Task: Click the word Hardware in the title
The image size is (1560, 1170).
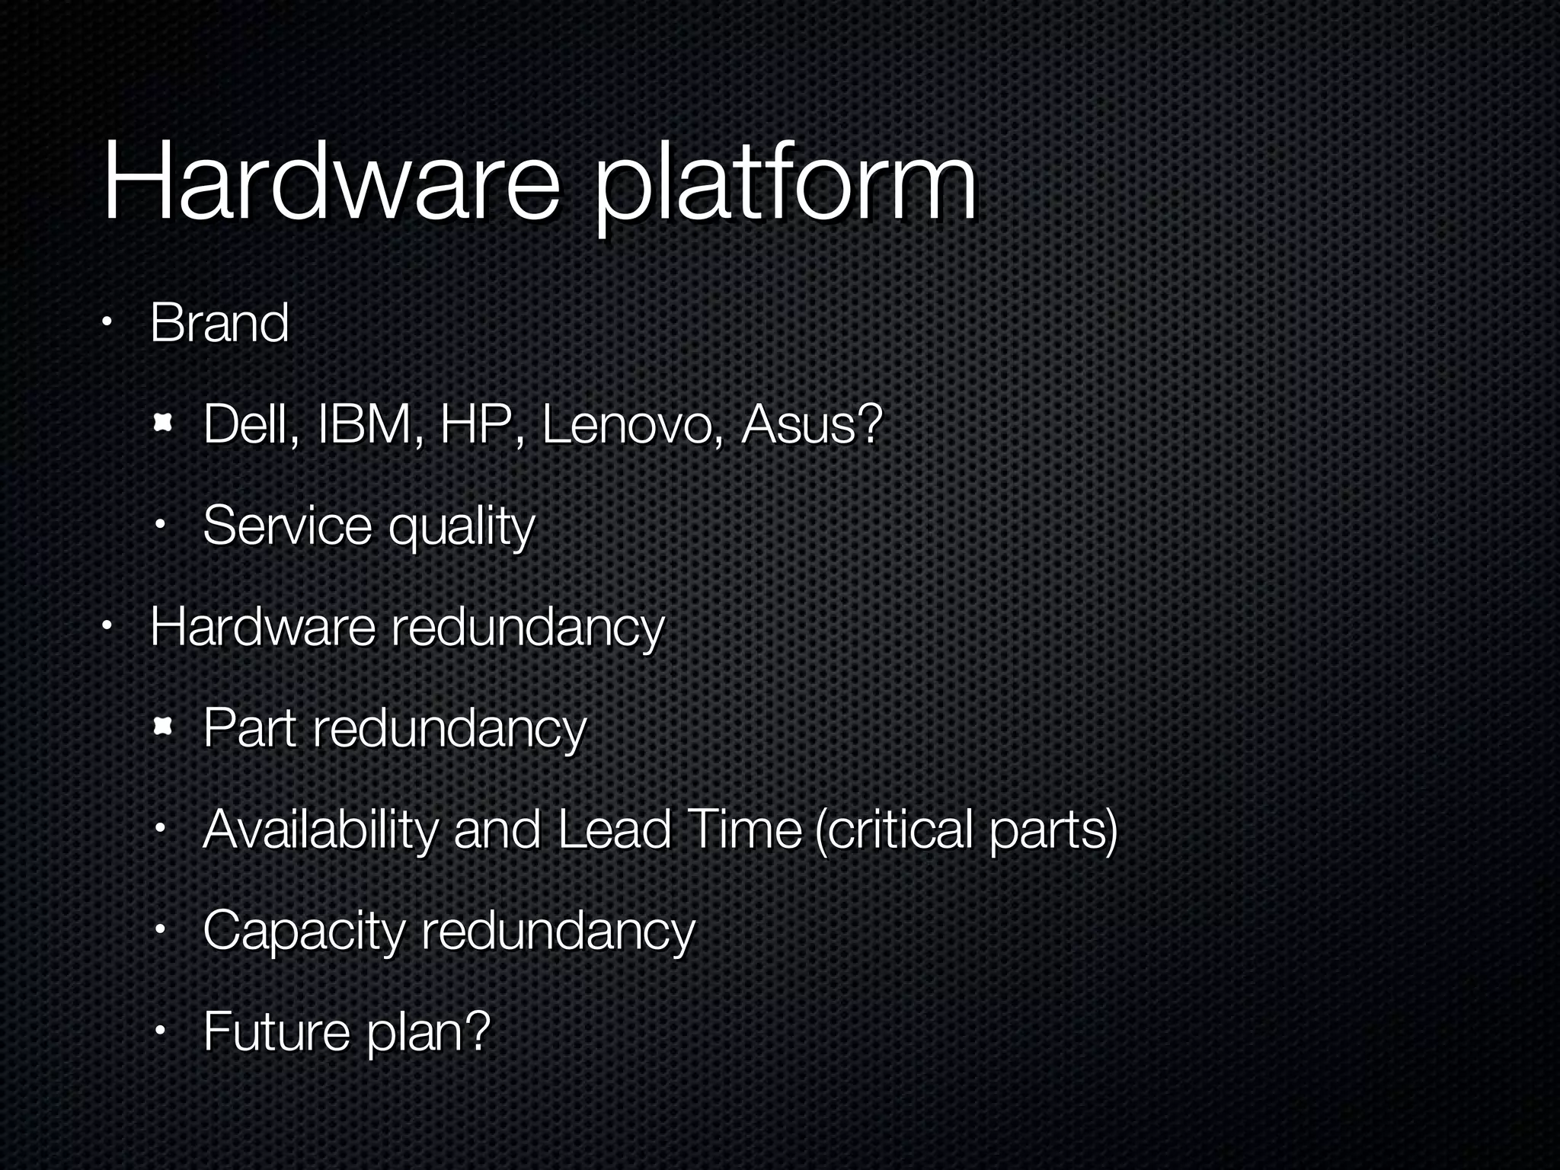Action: click(331, 183)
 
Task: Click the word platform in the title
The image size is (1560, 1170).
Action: click(785, 187)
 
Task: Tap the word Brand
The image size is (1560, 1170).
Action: click(219, 323)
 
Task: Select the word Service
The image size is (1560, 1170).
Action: click(287, 526)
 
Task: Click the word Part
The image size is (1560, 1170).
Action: click(249, 728)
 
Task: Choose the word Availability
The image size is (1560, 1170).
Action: click(320, 830)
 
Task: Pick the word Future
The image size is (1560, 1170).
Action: click(276, 1031)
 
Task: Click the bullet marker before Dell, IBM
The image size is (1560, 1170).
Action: click(161, 424)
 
